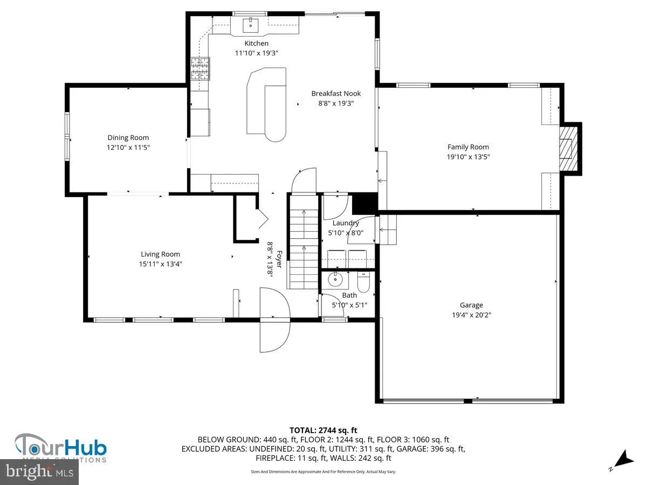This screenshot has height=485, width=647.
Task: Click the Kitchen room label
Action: [256, 43]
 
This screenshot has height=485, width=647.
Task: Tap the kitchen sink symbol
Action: [251, 24]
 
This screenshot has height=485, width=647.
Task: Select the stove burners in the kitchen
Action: [199, 68]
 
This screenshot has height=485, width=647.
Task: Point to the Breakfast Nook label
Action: [336, 93]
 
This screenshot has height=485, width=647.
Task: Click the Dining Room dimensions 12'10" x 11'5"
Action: [128, 147]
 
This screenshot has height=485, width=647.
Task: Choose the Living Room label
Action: [160, 254]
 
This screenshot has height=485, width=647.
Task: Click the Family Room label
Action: [468, 147]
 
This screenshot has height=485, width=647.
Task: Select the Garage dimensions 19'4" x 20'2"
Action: [471, 315]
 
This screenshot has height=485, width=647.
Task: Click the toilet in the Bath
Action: [363, 281]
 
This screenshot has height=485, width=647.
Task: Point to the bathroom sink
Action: [335, 280]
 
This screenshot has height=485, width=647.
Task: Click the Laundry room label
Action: [346, 223]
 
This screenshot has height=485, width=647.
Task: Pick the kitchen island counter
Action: [265, 105]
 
